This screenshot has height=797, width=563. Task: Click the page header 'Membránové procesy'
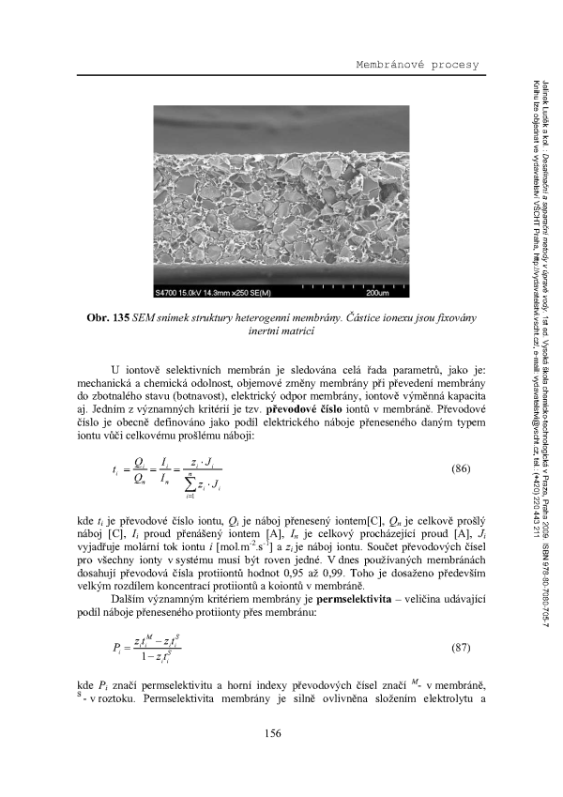[x=416, y=65]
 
